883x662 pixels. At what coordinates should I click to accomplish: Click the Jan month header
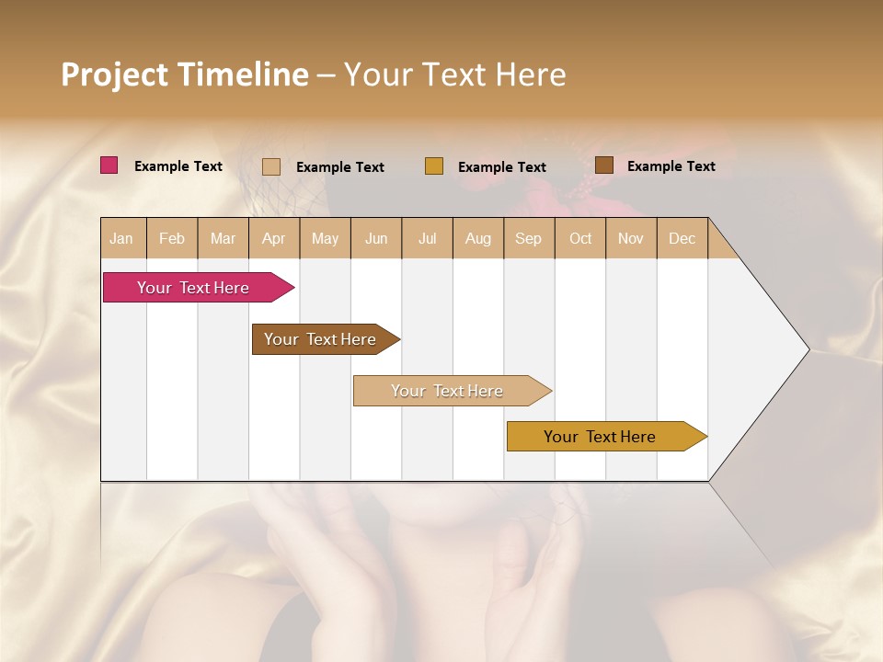[121, 238]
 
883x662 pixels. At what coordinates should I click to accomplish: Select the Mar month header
[223, 238]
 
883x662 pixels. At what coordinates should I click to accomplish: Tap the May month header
[325, 238]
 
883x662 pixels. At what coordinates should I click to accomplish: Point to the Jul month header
[427, 238]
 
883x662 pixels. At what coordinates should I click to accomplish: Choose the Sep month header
[528, 238]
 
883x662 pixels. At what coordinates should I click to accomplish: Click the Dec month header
[682, 238]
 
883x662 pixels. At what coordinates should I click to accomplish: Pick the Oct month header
[580, 238]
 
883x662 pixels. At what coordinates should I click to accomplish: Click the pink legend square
[109, 165]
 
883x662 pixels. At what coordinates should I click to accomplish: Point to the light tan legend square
[271, 166]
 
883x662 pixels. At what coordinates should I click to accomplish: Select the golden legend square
[434, 166]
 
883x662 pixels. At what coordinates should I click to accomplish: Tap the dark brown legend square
[604, 165]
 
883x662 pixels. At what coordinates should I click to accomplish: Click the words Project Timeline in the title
[185, 74]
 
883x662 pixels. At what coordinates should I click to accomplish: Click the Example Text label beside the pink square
[178, 166]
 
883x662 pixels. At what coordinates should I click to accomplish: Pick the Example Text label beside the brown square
[671, 166]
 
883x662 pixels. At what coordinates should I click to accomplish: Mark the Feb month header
[172, 238]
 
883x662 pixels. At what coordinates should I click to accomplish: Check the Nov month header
[631, 238]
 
